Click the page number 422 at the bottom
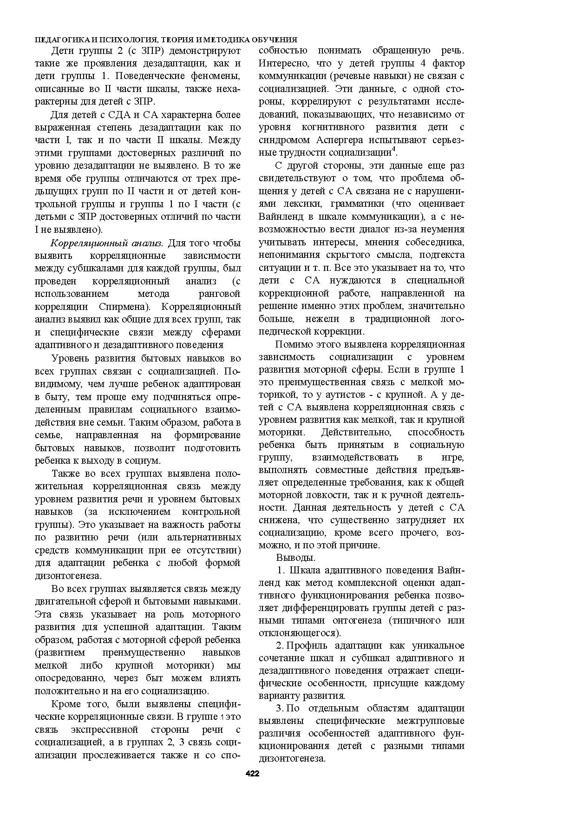252,774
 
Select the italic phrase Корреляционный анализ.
106,243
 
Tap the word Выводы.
296,558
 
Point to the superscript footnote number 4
393,149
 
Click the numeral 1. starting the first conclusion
281,570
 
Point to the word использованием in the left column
72,294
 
